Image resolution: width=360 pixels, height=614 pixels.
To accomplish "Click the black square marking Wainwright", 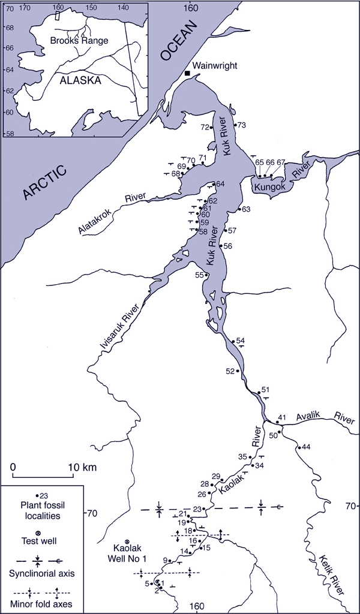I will pyautogui.click(x=187, y=73).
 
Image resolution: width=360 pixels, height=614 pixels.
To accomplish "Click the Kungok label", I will pyautogui.click(x=269, y=188).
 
